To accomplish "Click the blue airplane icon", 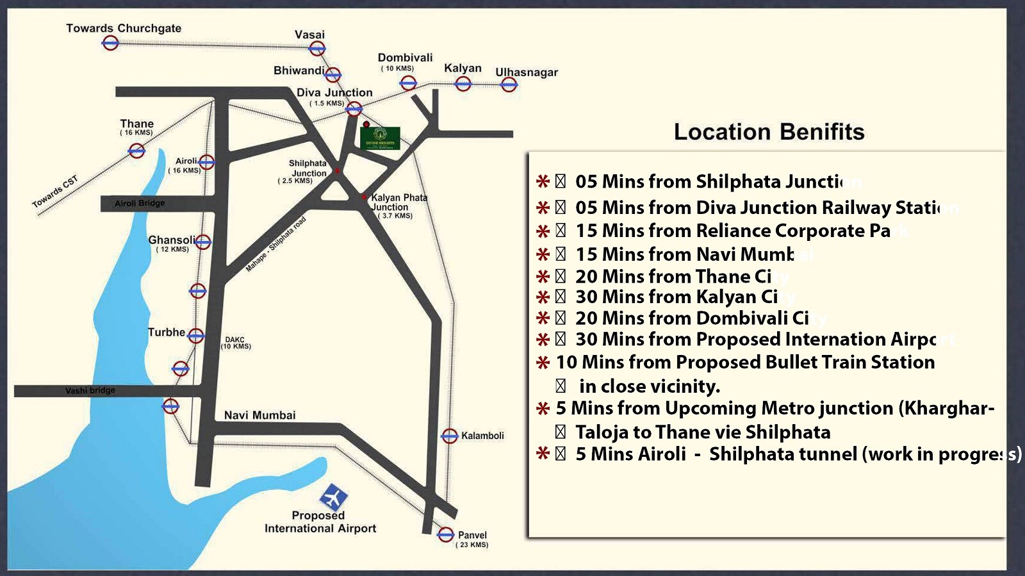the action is coord(333,497).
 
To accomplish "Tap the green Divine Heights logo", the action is coord(380,138).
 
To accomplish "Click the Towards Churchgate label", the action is coord(124,28).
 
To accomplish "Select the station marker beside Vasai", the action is coord(317,49).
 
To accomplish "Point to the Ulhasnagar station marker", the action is coord(509,85).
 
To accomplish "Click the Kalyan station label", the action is coord(463,68).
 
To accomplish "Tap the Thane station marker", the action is coord(136,151).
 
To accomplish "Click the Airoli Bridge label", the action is coord(140,203).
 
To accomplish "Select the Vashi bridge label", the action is coord(90,390).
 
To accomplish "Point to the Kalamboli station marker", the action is coord(450,436).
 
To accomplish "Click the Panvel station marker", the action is coord(446,534).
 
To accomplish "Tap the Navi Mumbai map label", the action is coord(259,415).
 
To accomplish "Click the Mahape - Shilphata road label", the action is coord(276,244).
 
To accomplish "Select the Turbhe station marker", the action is coord(196,336).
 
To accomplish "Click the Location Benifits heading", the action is coord(769,132).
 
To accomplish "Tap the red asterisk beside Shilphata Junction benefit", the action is coord(543,181).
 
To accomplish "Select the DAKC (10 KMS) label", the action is coord(235,343).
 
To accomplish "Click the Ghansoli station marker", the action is coord(203,242).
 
